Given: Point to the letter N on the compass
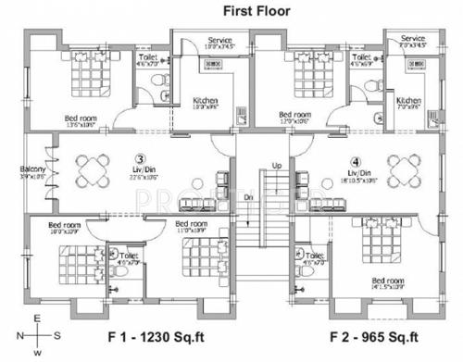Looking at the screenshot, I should [19, 335].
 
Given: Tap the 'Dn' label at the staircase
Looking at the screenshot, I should [248, 197].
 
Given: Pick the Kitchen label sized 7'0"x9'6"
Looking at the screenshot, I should [408, 100].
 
